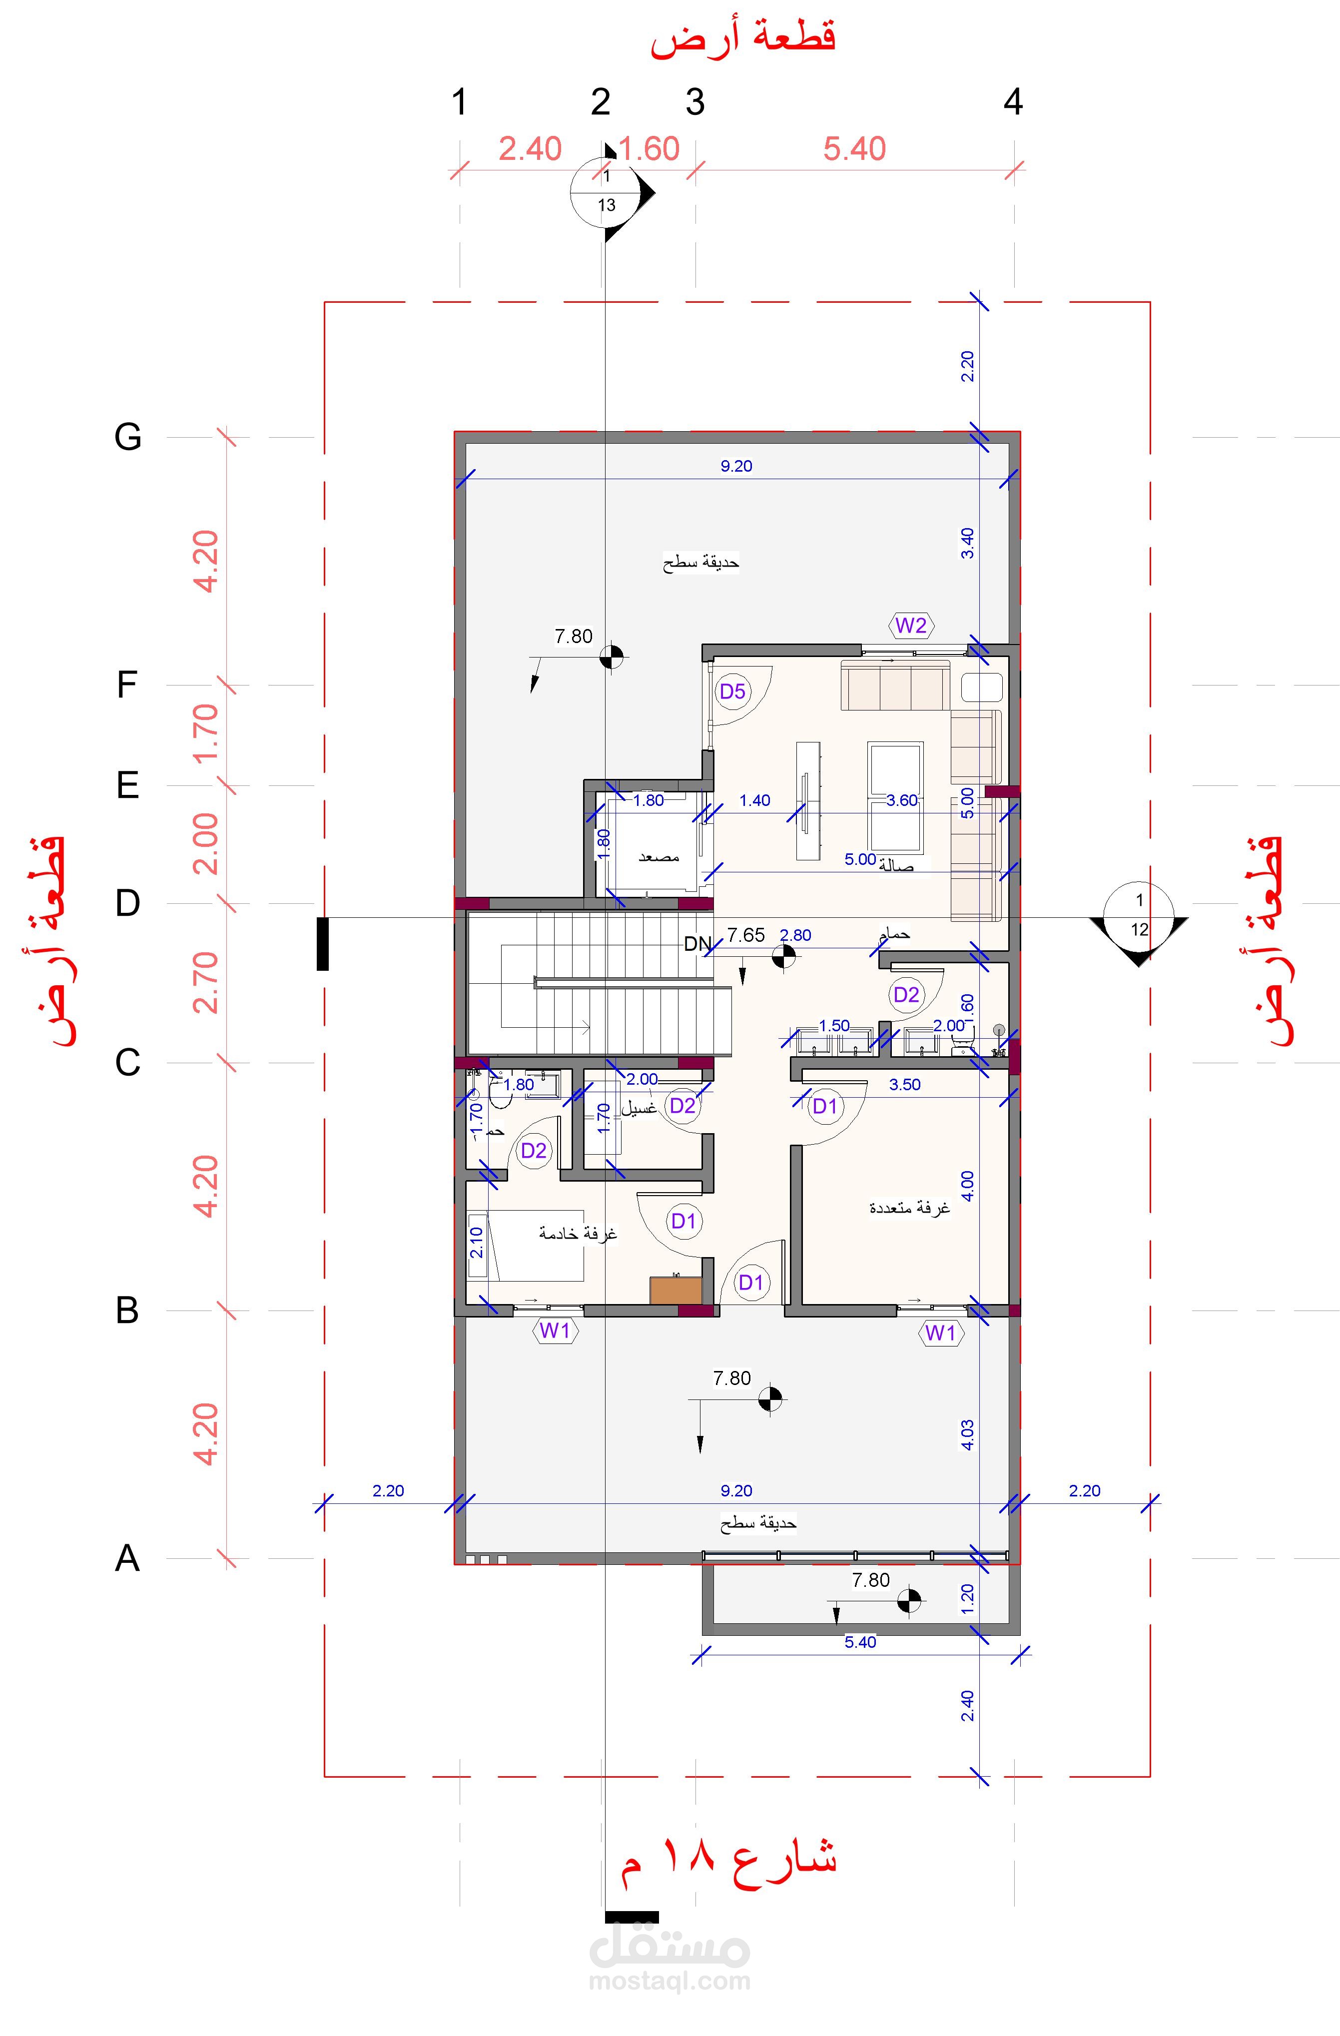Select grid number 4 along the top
point(1013,102)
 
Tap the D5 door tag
point(732,691)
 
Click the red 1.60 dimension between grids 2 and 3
point(649,149)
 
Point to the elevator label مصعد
point(659,856)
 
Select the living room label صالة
point(897,866)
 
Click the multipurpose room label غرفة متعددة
point(910,1208)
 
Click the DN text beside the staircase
point(697,944)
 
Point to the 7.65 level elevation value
point(746,935)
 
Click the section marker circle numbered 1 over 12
point(1139,914)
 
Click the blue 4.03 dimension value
point(967,1434)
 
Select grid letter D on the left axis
point(127,903)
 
